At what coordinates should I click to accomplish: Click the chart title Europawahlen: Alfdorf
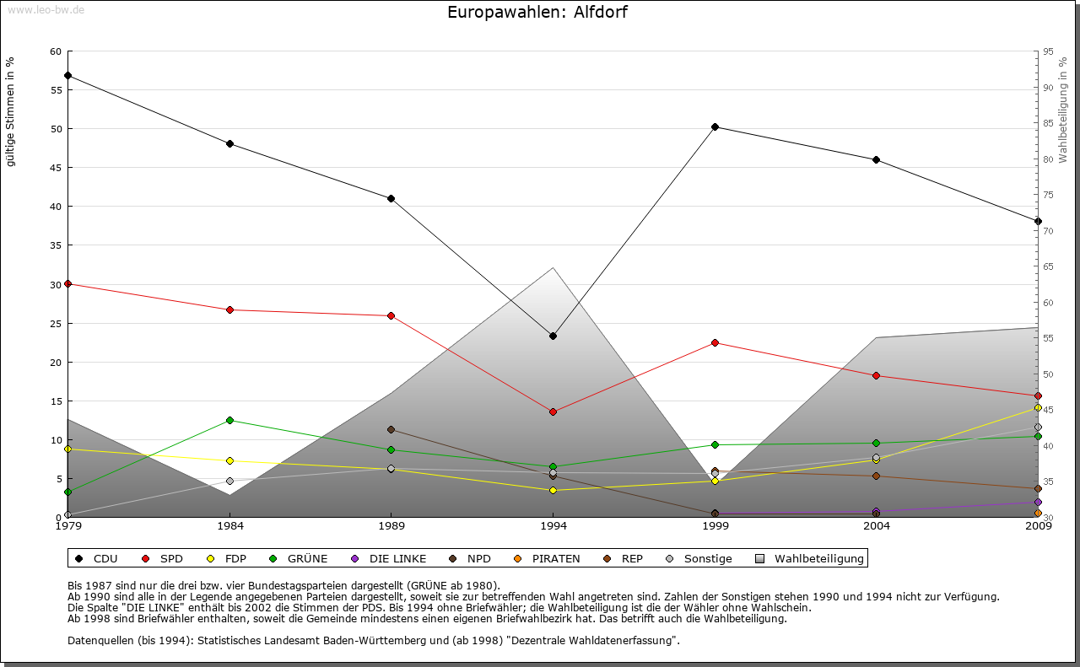pos(537,13)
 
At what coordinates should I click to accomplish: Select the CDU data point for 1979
pos(67,76)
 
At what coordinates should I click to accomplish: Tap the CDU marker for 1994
pos(553,336)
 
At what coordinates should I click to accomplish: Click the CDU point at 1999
pos(715,127)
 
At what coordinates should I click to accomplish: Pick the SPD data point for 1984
pos(229,309)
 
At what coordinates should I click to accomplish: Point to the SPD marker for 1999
pos(715,342)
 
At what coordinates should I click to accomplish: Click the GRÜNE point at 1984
pos(229,420)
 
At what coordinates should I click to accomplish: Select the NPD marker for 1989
pos(391,430)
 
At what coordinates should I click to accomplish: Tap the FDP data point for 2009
pos(1038,408)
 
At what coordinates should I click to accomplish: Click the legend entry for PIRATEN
pos(548,558)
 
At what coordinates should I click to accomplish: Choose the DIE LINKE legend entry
pos(389,558)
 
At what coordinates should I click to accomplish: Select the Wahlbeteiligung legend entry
pos(810,558)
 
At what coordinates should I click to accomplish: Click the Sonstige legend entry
pos(699,558)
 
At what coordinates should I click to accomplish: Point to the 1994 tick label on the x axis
pos(553,526)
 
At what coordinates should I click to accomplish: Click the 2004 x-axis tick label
pos(877,526)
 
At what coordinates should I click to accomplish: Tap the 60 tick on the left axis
pos(56,51)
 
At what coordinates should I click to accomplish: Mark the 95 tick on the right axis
pos(1049,51)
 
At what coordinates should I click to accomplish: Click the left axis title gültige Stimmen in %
pos(11,113)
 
